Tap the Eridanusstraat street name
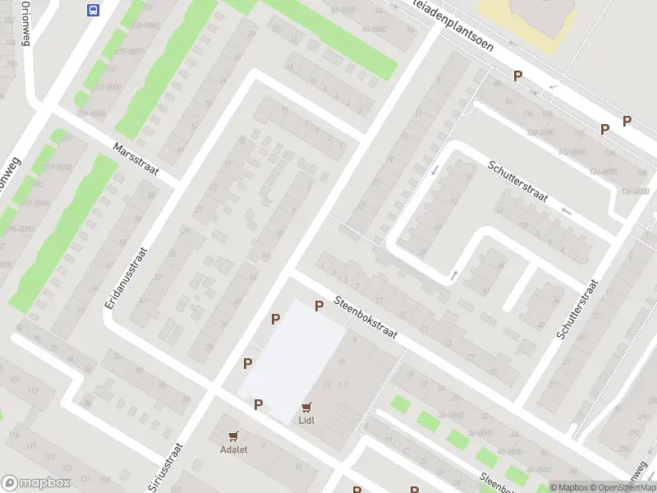tap(125, 279)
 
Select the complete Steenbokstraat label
tap(365, 318)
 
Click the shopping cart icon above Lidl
tap(307, 407)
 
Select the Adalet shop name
tap(233, 449)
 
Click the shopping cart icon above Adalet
tap(233, 436)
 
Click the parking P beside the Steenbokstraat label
tap(319, 306)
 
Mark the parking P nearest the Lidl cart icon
tap(258, 404)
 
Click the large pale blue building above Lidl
tap(293, 359)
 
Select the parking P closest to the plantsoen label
tap(517, 76)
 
